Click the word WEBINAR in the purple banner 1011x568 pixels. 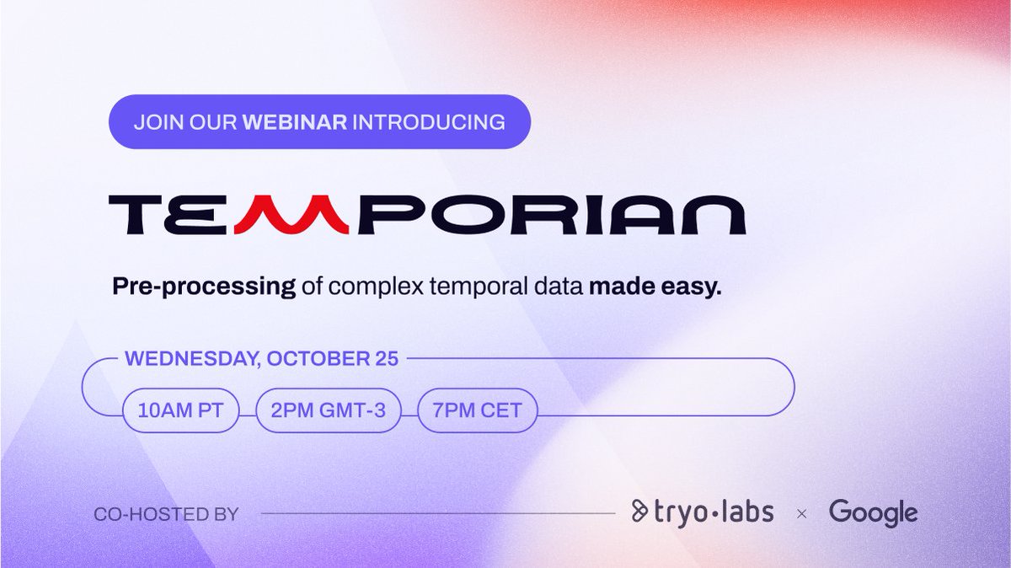click(x=295, y=122)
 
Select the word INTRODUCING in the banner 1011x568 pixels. click(x=429, y=122)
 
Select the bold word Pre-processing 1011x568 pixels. click(x=204, y=287)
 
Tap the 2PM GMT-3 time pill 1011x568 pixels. click(x=329, y=411)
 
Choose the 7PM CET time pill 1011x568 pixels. click(x=478, y=411)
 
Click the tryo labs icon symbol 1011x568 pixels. click(x=639, y=511)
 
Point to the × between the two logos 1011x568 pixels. click(x=801, y=512)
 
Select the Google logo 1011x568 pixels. click(x=873, y=512)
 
